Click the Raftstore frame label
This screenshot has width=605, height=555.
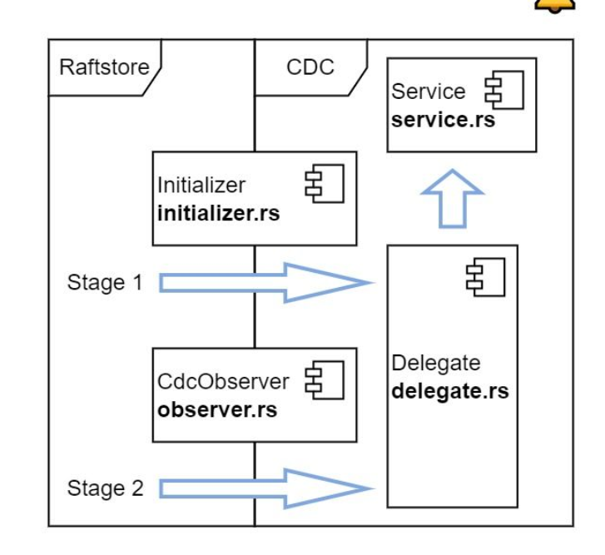point(104,67)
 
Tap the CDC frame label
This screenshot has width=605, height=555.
point(310,67)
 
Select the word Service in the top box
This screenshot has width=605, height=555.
point(429,92)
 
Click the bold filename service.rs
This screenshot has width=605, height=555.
point(443,120)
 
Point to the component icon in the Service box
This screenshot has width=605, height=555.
point(504,90)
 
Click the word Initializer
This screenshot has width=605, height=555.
point(201,185)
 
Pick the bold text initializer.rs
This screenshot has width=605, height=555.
point(218,213)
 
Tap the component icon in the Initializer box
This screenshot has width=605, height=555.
point(325,184)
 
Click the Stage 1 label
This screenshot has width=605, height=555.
point(105,282)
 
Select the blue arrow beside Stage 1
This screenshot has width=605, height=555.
point(266,283)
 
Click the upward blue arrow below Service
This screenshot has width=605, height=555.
point(452,199)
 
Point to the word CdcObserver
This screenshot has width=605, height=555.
point(223,382)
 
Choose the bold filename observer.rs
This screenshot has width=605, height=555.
point(217,409)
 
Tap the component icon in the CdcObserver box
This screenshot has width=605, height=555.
point(325,380)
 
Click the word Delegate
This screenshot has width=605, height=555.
point(435,364)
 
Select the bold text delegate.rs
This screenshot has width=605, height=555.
point(450,391)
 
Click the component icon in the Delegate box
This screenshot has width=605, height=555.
point(485,277)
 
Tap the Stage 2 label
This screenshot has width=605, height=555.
point(106,488)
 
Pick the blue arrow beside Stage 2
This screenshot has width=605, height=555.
point(266,488)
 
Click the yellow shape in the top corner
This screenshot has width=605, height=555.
point(555,5)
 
